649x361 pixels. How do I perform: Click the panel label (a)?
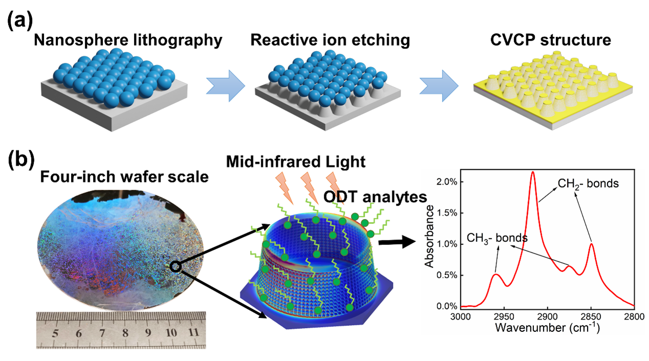click(x=20, y=23)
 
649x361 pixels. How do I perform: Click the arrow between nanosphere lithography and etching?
click(x=223, y=85)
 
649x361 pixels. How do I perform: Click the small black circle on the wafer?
click(x=175, y=265)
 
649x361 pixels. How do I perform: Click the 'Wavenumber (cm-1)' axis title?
click(x=546, y=328)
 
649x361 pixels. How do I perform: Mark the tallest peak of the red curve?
click(x=532, y=172)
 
